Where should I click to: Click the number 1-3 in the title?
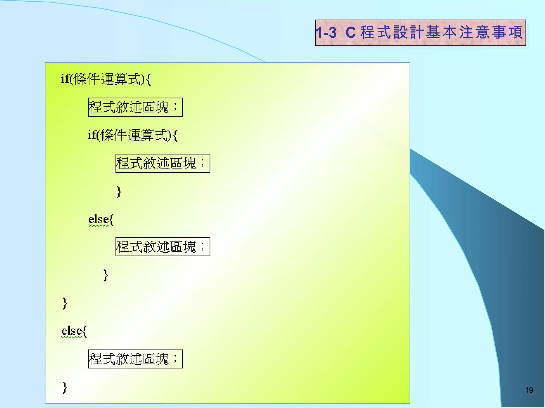point(326,33)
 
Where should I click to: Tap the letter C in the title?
point(350,33)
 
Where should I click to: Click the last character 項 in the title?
point(515,32)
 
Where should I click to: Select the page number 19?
point(529,390)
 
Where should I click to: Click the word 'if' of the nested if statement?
point(92,135)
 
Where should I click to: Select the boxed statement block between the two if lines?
point(135,107)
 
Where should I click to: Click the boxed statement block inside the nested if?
point(163,163)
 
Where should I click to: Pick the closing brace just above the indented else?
point(119,192)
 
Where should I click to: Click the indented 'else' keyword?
point(98,220)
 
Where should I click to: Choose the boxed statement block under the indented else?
point(163,246)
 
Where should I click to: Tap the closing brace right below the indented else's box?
point(105,275)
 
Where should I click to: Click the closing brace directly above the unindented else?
point(65,303)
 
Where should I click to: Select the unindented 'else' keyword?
point(71,331)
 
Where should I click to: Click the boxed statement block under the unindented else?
point(135,359)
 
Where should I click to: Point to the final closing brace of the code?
point(65,387)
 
